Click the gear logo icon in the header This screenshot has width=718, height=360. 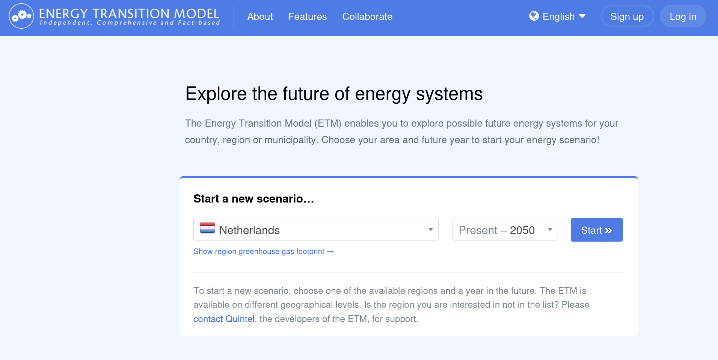click(21, 16)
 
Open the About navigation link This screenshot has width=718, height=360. click(260, 17)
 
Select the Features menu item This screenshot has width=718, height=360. click(308, 17)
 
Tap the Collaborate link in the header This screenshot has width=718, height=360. click(367, 17)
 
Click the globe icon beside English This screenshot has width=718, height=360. click(534, 16)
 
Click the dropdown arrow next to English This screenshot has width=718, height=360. click(582, 16)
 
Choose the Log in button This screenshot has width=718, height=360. click(683, 16)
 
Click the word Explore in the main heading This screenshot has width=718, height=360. click(216, 94)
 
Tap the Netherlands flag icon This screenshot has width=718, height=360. click(207, 228)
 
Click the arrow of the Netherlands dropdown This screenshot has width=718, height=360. click(431, 229)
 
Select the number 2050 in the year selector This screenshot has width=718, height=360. click(522, 230)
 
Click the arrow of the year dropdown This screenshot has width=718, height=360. click(550, 229)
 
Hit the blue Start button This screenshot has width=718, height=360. click(597, 230)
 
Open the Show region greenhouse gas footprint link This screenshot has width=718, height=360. click(263, 251)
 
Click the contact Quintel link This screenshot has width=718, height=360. click(224, 319)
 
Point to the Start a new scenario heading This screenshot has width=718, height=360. click(253, 198)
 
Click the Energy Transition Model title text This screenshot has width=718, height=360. click(129, 14)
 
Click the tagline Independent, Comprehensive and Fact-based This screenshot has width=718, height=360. click(130, 23)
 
